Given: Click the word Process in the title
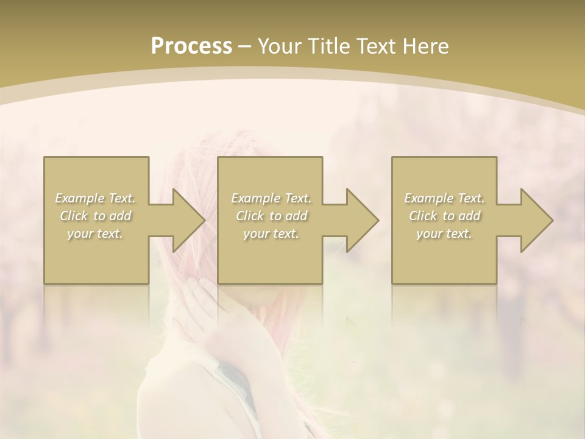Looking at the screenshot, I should (191, 46).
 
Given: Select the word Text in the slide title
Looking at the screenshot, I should (377, 46).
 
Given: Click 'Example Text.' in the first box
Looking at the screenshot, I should (96, 198).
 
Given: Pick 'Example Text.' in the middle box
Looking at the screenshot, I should (271, 198).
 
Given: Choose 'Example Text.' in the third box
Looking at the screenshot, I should (444, 198).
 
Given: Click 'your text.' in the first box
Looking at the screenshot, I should (96, 234).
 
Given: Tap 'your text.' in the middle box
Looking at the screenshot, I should (271, 234).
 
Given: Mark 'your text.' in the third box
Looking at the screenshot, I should (444, 234).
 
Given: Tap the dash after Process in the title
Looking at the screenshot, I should (245, 46).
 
